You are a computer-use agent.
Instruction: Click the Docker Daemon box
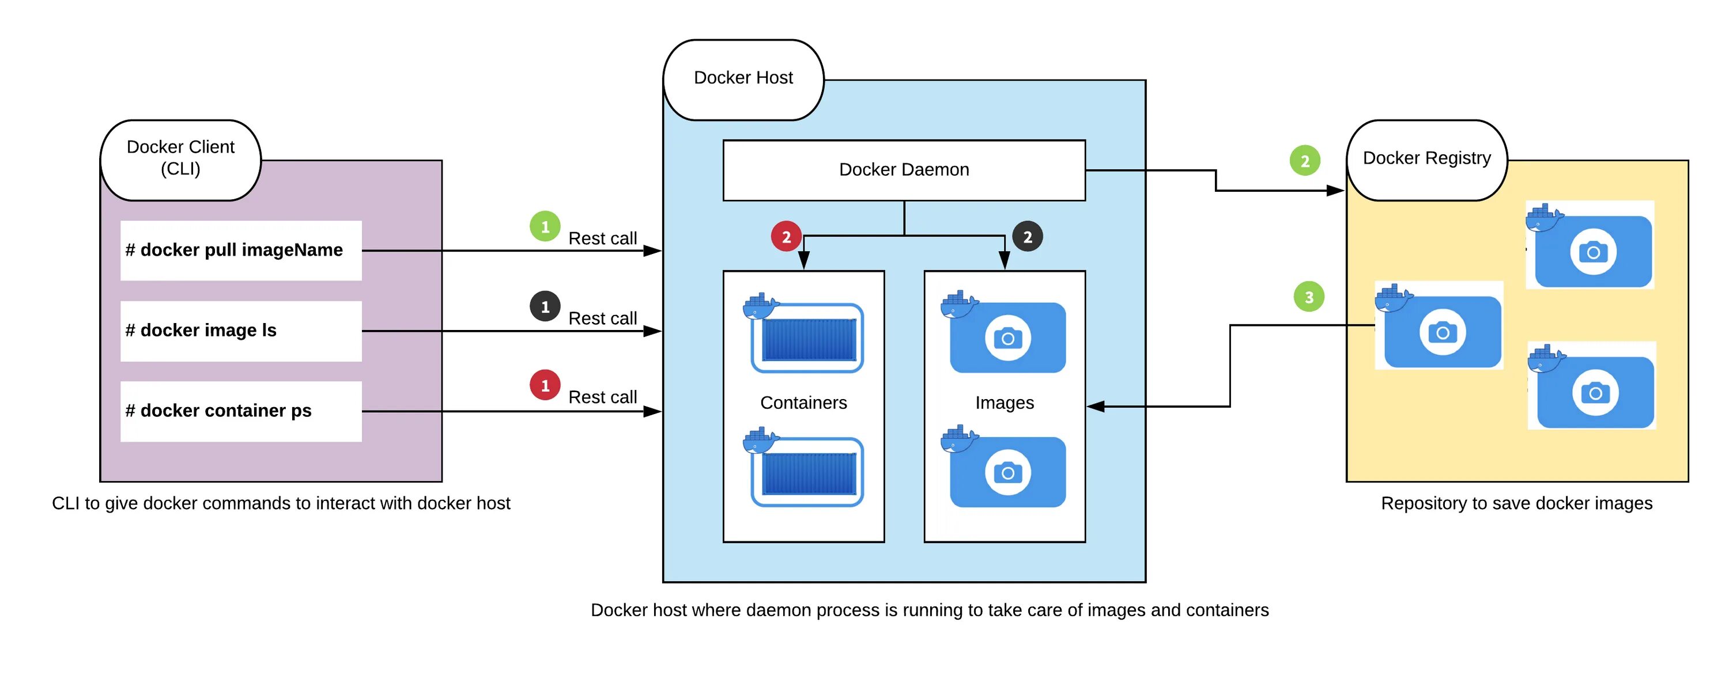pyautogui.click(x=904, y=170)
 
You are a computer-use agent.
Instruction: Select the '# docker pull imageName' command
pyautogui.click(x=241, y=251)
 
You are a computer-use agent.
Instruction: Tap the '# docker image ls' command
pyautogui.click(x=241, y=331)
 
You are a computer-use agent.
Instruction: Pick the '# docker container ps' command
pyautogui.click(x=241, y=411)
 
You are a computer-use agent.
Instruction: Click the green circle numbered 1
pyautogui.click(x=545, y=227)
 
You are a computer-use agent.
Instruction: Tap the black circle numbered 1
pyautogui.click(x=545, y=306)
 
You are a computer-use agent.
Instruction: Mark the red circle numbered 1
pyautogui.click(x=545, y=386)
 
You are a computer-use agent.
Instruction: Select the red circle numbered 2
pyautogui.click(x=787, y=236)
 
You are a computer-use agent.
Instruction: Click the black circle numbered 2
pyautogui.click(x=1028, y=236)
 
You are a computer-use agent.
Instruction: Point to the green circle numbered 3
pyautogui.click(x=1309, y=297)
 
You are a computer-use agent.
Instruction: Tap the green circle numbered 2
pyautogui.click(x=1305, y=161)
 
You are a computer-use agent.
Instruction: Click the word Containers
pyautogui.click(x=803, y=403)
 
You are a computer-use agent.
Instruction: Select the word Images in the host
pyautogui.click(x=1004, y=403)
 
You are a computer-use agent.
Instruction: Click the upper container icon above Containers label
pyautogui.click(x=803, y=333)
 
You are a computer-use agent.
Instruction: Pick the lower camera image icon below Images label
pyautogui.click(x=1003, y=467)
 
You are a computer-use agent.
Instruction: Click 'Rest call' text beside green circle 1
pyautogui.click(x=603, y=238)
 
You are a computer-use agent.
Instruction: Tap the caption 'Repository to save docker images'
pyautogui.click(x=1516, y=503)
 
